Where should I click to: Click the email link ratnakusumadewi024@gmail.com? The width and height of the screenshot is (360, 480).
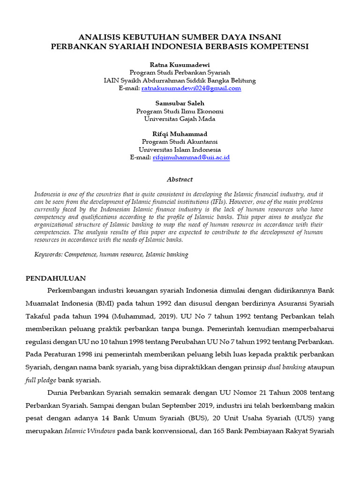point(191,88)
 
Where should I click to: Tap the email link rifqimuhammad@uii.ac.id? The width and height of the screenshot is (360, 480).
point(191,157)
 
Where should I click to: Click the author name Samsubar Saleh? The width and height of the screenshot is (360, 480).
point(180,103)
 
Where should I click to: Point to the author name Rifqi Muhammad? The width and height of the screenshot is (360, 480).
point(180,134)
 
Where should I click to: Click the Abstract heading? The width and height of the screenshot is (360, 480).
point(180,180)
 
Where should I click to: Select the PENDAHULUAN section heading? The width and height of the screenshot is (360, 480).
point(55,278)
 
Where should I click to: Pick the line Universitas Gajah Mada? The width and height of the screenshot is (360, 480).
point(180,119)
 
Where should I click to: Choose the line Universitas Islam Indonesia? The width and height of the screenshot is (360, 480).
point(180,150)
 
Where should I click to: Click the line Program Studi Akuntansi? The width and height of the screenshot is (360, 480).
point(180,142)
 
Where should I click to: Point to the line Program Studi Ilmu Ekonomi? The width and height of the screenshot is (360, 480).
point(180,111)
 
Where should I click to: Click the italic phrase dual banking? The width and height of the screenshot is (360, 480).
point(287,367)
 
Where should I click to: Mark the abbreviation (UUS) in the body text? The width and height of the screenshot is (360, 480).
point(277,418)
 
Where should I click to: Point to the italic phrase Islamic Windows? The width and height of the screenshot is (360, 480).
point(90,431)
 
